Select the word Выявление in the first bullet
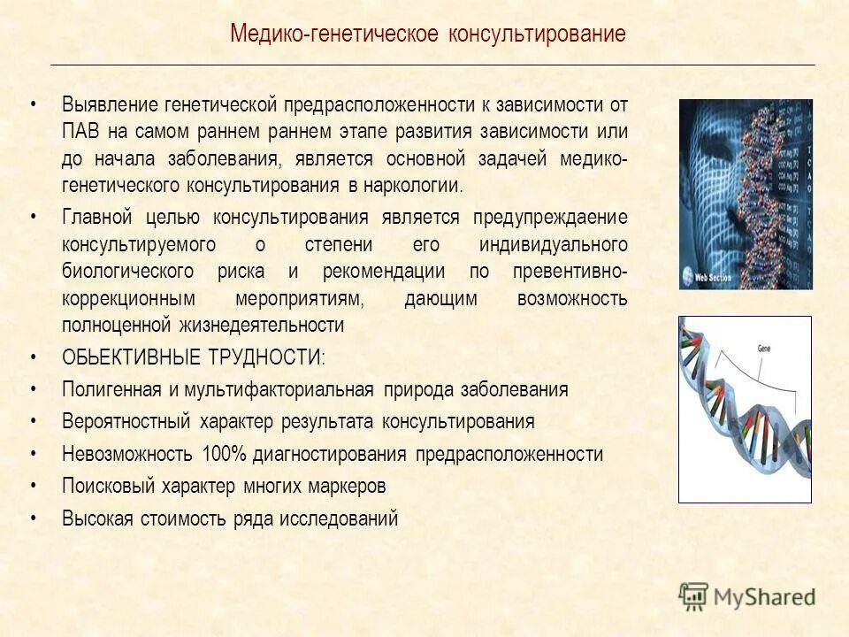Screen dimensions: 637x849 pos(108,104)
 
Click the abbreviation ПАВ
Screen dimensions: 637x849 pos(80,132)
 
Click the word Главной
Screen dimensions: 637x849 pos(96,218)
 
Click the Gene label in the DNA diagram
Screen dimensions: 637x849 pos(764,349)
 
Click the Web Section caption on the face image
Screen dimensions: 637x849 pos(714,277)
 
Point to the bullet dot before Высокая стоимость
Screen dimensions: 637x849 pos(34,518)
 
